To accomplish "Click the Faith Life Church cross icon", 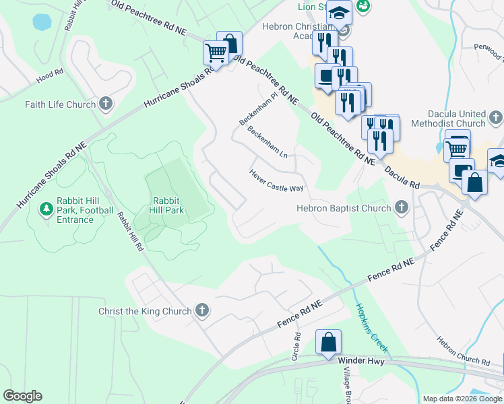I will click(105, 104).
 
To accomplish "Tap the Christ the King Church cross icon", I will click(201, 310).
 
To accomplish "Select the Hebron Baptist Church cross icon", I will click(402, 207).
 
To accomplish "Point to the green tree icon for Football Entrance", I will click(46, 209).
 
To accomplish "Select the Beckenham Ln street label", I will click(267, 141).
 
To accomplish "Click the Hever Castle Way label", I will click(276, 180).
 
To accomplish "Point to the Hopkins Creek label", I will click(372, 327).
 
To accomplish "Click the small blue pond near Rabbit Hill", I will click(42, 22).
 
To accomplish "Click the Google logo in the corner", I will click(22, 396).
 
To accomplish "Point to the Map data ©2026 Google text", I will click(462, 399).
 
